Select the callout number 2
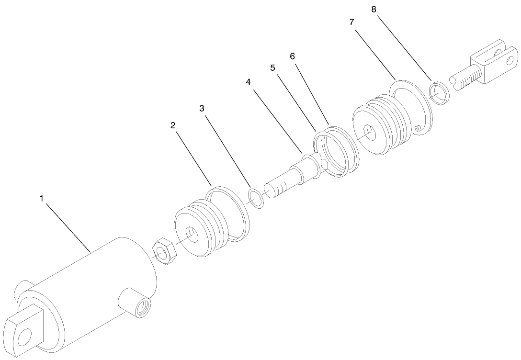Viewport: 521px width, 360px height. coord(173,125)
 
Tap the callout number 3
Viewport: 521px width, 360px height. coord(202,109)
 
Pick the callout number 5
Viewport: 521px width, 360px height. coord(272,68)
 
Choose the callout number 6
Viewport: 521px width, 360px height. coord(292,56)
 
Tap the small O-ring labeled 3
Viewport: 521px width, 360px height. coord(256,198)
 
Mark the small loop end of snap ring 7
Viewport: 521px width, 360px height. coord(418,128)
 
